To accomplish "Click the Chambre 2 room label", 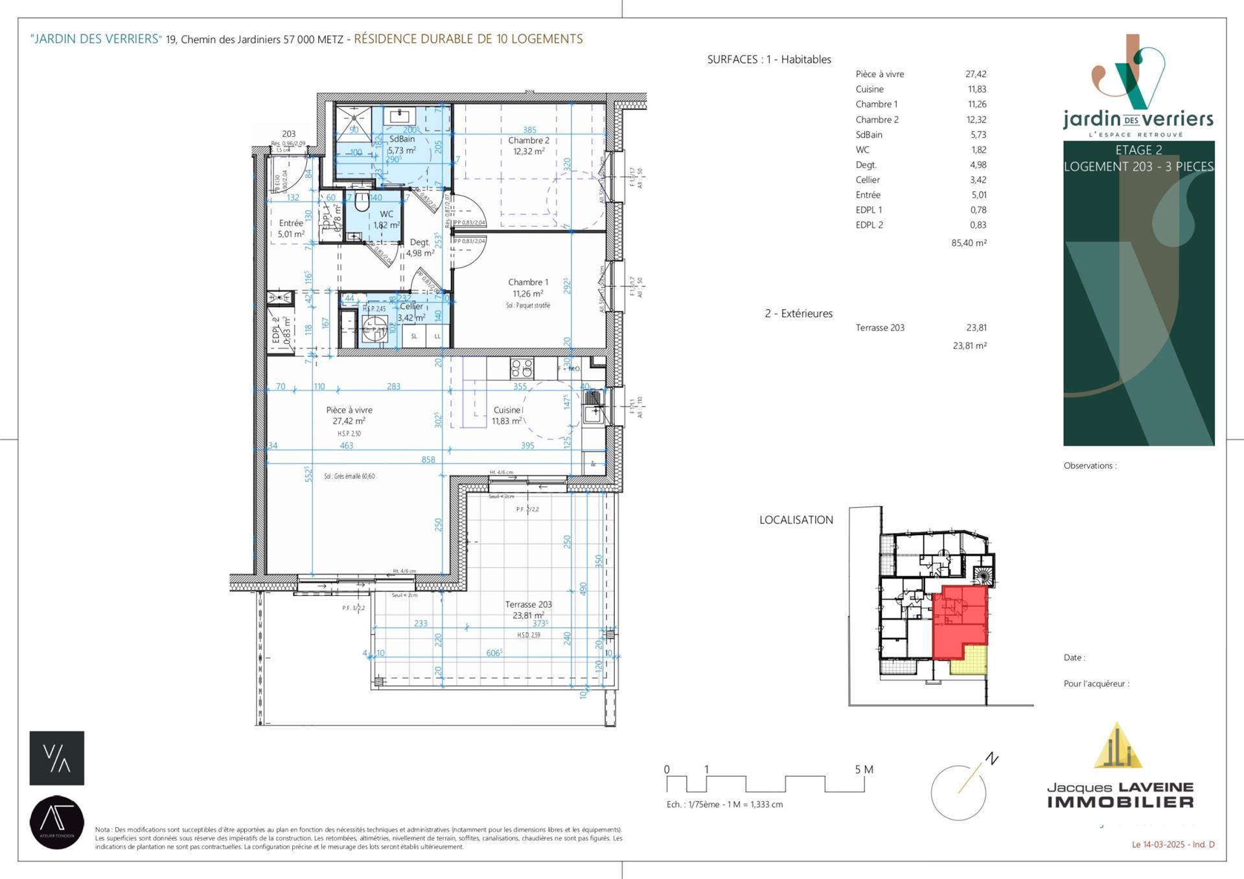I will (528, 141).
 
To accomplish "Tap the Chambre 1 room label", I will (528, 282).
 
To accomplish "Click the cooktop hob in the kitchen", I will (522, 368).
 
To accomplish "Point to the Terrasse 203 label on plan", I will (528, 604).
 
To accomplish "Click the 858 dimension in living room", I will (428, 459).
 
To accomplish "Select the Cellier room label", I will (411, 306).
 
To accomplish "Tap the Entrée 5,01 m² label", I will (291, 229).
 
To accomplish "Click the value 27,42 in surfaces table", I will (975, 74).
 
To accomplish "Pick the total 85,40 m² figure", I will (969, 243).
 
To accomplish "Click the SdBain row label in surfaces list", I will (869, 135).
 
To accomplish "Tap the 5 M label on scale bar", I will (864, 770).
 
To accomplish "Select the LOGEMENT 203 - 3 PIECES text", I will (1138, 166).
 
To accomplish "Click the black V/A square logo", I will (57, 758).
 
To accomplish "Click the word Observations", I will (1088, 466).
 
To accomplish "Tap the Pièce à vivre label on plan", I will (349, 410).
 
